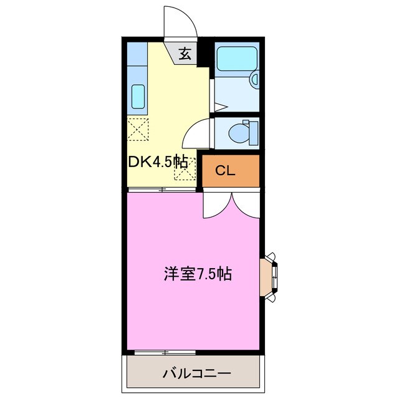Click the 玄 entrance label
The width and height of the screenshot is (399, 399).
click(185, 54)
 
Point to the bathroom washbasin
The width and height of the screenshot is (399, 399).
click(254, 79)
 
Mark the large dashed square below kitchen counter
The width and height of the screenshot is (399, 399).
click(138, 130)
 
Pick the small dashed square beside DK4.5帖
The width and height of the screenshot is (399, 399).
click(185, 170)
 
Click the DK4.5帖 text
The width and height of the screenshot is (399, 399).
click(158, 161)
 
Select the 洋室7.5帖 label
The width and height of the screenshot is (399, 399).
click(198, 274)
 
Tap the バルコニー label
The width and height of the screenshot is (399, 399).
click(197, 374)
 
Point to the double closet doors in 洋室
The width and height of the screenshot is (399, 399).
click(231, 204)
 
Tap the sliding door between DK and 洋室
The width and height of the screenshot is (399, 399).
click(163, 188)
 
